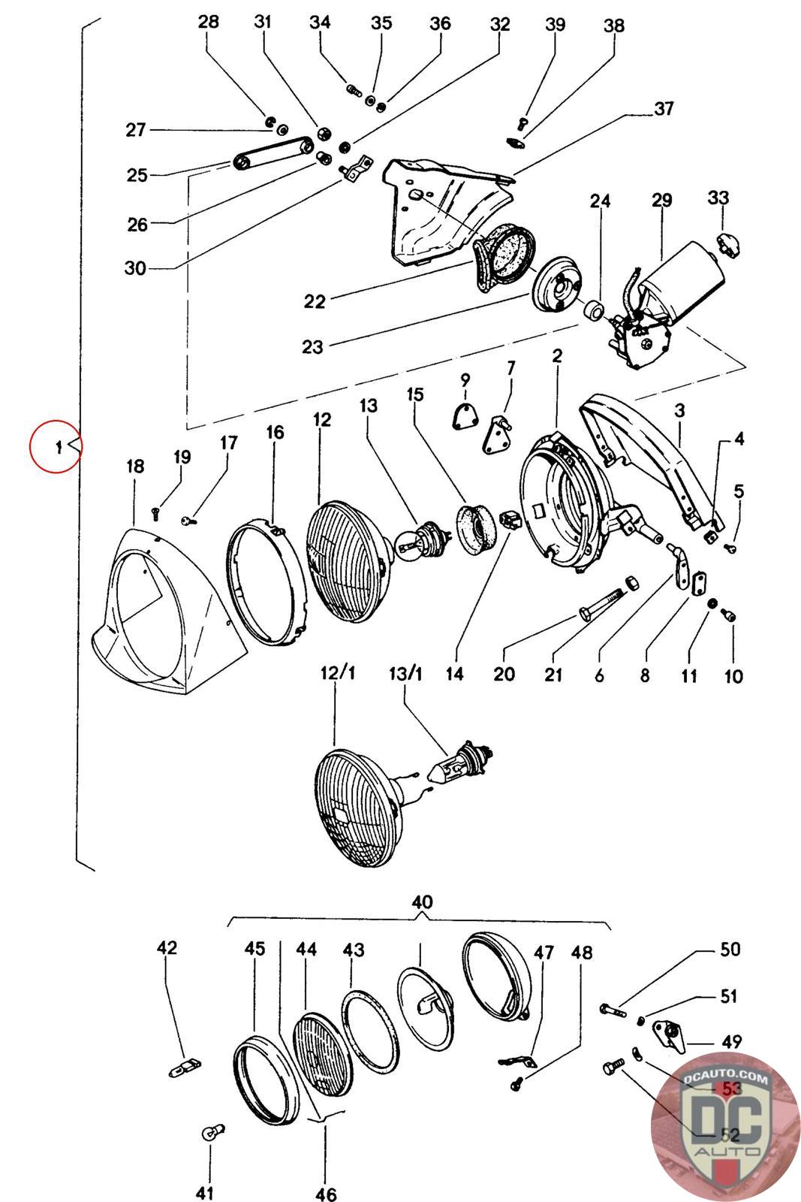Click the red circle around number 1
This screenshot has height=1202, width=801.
(56, 447)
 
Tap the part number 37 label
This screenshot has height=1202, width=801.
(664, 110)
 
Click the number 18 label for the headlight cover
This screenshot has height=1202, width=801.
(135, 467)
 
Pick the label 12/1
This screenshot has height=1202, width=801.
(338, 672)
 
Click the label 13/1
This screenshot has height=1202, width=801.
(405, 672)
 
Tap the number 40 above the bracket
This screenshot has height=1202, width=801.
(422, 901)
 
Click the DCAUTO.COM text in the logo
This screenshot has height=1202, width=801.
(726, 1080)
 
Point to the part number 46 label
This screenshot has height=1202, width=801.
(327, 1193)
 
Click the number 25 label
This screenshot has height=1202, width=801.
(137, 175)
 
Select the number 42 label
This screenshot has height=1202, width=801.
(167, 947)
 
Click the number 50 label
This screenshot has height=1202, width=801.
(730, 950)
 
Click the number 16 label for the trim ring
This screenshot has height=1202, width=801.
(275, 432)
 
